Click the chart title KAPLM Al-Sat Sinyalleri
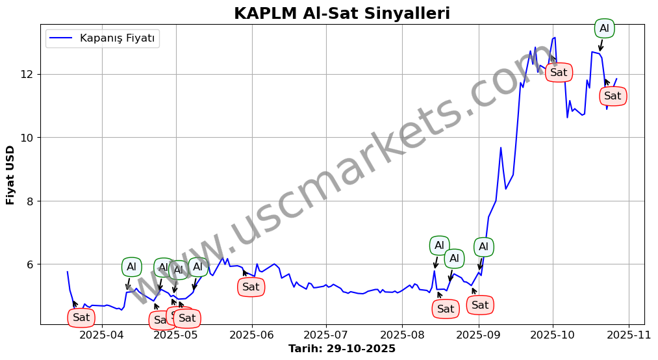pyautogui.click(x=342, y=14)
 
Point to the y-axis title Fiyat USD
pyautogui.click(x=10, y=175)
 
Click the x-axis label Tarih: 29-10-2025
pyautogui.click(x=342, y=349)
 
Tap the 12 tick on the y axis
pyautogui.click(x=27, y=74)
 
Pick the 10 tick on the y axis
pyautogui.click(x=27, y=138)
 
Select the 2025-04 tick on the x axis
pyautogui.click(x=102, y=335)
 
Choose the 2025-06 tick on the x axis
pyautogui.click(x=252, y=335)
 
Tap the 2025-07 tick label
pyautogui.click(x=327, y=335)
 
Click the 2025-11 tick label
pyautogui.click(x=629, y=335)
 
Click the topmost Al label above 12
pyautogui.click(x=604, y=29)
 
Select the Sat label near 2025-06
pyautogui.click(x=251, y=287)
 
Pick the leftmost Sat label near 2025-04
pyautogui.click(x=81, y=318)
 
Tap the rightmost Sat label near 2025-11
pyautogui.click(x=613, y=96)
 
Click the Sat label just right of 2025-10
pyautogui.click(x=559, y=72)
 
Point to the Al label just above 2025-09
pyautogui.click(x=483, y=247)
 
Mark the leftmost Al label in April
pyautogui.click(x=131, y=267)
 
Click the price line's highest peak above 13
pyautogui.click(x=555, y=38)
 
